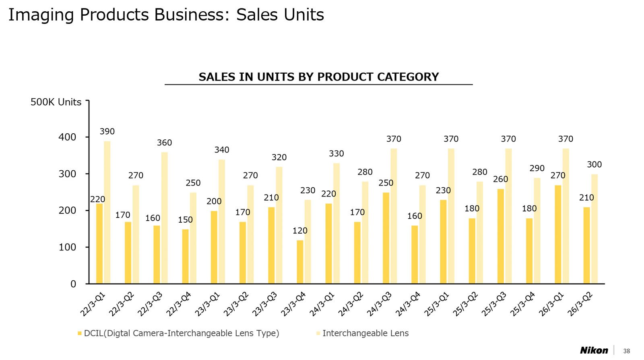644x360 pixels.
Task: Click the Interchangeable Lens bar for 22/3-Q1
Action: (107, 212)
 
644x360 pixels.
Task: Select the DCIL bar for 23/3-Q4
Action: (300, 262)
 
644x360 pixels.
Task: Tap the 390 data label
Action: (107, 131)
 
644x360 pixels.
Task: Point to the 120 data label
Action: (300, 231)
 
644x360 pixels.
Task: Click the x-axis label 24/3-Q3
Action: (379, 304)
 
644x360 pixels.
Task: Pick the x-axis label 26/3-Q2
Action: (580, 304)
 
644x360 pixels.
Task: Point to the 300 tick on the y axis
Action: (67, 174)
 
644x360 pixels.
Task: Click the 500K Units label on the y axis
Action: (56, 102)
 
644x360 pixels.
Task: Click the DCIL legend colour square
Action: (80, 333)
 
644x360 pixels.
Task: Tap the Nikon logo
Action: (594, 350)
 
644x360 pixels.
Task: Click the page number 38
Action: (627, 351)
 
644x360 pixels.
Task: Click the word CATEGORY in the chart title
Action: (408, 77)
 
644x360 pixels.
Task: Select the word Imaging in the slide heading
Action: (41, 15)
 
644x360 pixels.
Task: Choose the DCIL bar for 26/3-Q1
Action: (558, 234)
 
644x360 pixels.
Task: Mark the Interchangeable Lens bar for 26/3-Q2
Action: (594, 229)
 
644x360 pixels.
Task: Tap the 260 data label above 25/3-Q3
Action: (500, 179)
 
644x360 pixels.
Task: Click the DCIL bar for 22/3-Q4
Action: (185, 257)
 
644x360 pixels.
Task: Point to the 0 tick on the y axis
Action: (73, 284)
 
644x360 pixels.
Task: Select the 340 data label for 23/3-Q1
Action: (221, 150)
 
